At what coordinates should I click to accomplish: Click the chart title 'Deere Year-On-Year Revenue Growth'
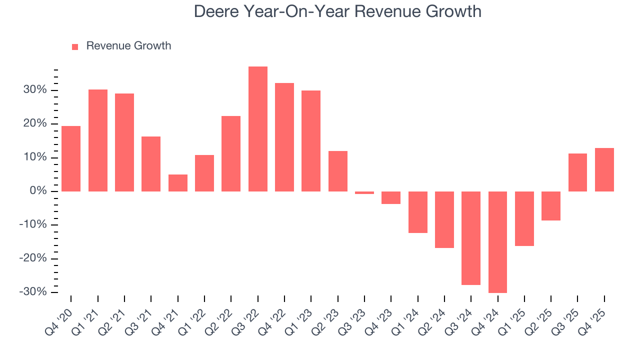coord(337,11)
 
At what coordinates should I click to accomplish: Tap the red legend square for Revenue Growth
coord(75,46)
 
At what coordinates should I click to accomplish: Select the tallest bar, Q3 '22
coord(257,129)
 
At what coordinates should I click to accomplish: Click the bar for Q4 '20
coord(71,158)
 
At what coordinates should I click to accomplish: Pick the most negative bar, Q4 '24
coord(497,242)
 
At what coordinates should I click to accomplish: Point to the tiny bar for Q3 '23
coord(364,192)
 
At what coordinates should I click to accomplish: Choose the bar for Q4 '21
coord(177,183)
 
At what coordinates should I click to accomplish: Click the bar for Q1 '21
coord(97,140)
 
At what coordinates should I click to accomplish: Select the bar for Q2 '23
coord(337,171)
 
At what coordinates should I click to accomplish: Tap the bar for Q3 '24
coord(471,238)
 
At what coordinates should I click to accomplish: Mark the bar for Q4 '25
coord(604,169)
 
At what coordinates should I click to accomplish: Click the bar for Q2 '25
coord(551,206)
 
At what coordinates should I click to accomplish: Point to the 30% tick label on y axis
coord(34,90)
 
